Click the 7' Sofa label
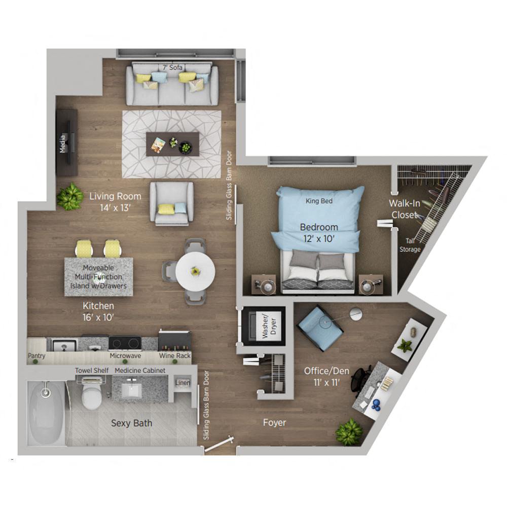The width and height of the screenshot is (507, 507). pos(172,67)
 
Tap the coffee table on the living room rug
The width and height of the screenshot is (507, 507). pos(172,144)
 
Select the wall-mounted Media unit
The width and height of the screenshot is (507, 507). pos(66,142)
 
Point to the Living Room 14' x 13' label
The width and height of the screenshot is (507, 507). pos(115,201)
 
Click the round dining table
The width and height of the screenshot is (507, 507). pos(195,272)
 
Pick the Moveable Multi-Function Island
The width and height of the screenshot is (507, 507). pos(98,277)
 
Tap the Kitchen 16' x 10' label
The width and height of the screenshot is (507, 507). pos(98,311)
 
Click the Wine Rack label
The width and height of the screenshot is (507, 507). pos(175,356)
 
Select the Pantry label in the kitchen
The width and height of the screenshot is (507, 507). pos(37,356)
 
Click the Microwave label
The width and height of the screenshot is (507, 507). pos(125,356)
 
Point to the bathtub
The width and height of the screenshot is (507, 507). pos(46,411)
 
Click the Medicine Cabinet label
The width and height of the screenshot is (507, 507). pos(140,371)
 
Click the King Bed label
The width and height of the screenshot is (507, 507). pos(319,201)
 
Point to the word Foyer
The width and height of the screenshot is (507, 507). pos(274,422)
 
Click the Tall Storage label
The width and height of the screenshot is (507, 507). pos(410,245)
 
